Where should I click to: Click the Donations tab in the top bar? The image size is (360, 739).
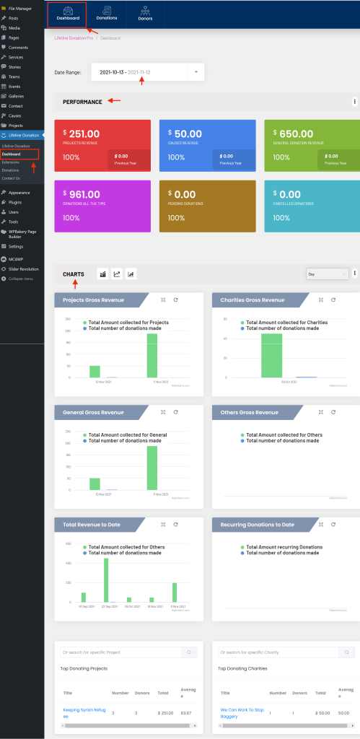107,14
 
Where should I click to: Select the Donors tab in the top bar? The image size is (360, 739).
146,14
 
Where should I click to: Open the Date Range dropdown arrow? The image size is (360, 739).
196,72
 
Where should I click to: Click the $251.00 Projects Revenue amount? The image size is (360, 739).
82,134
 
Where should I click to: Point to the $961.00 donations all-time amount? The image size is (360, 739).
82,194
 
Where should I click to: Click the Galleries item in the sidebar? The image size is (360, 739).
16,95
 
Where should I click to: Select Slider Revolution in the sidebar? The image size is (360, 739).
23,268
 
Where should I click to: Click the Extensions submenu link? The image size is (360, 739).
10,162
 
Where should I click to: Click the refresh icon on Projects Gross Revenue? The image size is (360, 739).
175,299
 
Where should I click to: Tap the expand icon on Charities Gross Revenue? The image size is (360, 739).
321,299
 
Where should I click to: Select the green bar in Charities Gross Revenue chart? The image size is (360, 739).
271,355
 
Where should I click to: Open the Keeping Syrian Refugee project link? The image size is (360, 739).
84,712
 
